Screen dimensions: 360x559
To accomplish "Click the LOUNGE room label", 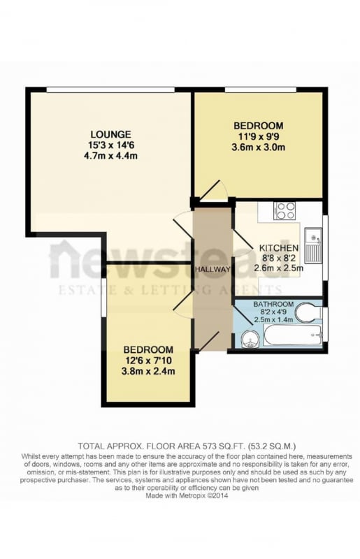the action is tap(110, 134).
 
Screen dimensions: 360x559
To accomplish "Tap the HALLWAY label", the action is tap(213, 270).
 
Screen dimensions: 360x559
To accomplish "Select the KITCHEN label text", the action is tap(279, 248).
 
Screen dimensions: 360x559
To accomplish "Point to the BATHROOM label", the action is tap(273, 305).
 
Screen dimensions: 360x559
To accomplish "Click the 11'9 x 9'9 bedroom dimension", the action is tap(259, 136).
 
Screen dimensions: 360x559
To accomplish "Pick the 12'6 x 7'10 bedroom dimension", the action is tap(148, 360).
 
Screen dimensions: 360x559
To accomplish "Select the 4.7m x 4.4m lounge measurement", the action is tap(110, 156).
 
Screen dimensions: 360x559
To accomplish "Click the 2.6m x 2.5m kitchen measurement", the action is tap(279, 268).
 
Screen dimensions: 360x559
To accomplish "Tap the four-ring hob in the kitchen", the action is tap(285, 211).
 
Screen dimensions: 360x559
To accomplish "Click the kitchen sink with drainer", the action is tap(313, 245).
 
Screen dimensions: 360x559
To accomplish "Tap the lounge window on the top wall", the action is tap(110, 90).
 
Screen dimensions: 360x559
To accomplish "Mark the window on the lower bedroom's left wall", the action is tap(103, 298).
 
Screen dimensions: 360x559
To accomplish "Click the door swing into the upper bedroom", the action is tap(213, 191).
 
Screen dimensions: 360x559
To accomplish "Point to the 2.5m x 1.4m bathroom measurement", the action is tap(273, 319).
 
